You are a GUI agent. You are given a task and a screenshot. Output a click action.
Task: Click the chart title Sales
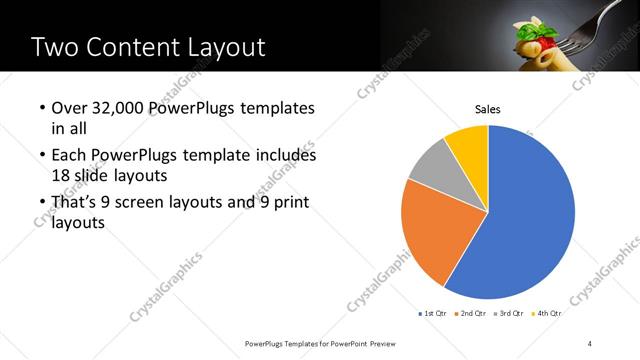487,109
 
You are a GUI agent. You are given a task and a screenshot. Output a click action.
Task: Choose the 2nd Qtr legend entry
471,313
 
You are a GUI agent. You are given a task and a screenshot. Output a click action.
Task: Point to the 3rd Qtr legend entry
509,313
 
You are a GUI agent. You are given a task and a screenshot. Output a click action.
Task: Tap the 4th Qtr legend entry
547,313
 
